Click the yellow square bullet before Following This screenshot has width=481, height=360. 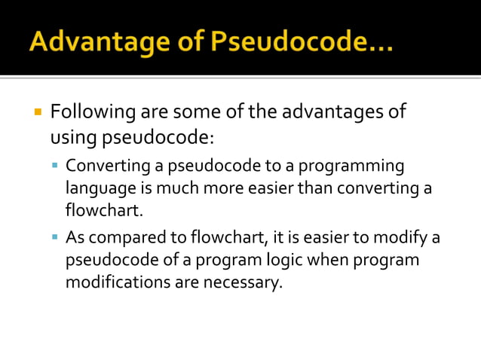point(37,113)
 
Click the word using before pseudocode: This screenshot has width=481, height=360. point(74,138)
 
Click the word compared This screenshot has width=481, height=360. point(151,238)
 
